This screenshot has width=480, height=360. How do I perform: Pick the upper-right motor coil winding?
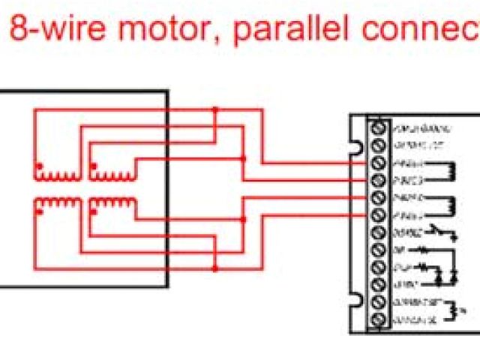pos(112,174)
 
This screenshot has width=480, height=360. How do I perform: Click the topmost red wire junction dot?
pos(215,109)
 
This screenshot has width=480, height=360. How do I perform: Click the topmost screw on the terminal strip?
pos(378,127)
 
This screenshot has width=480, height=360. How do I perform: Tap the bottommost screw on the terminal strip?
pos(378,321)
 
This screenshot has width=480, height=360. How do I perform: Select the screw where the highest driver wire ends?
pos(378,162)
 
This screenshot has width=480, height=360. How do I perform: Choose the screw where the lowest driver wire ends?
pos(378,215)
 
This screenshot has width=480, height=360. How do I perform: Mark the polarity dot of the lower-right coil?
pos(94,211)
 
